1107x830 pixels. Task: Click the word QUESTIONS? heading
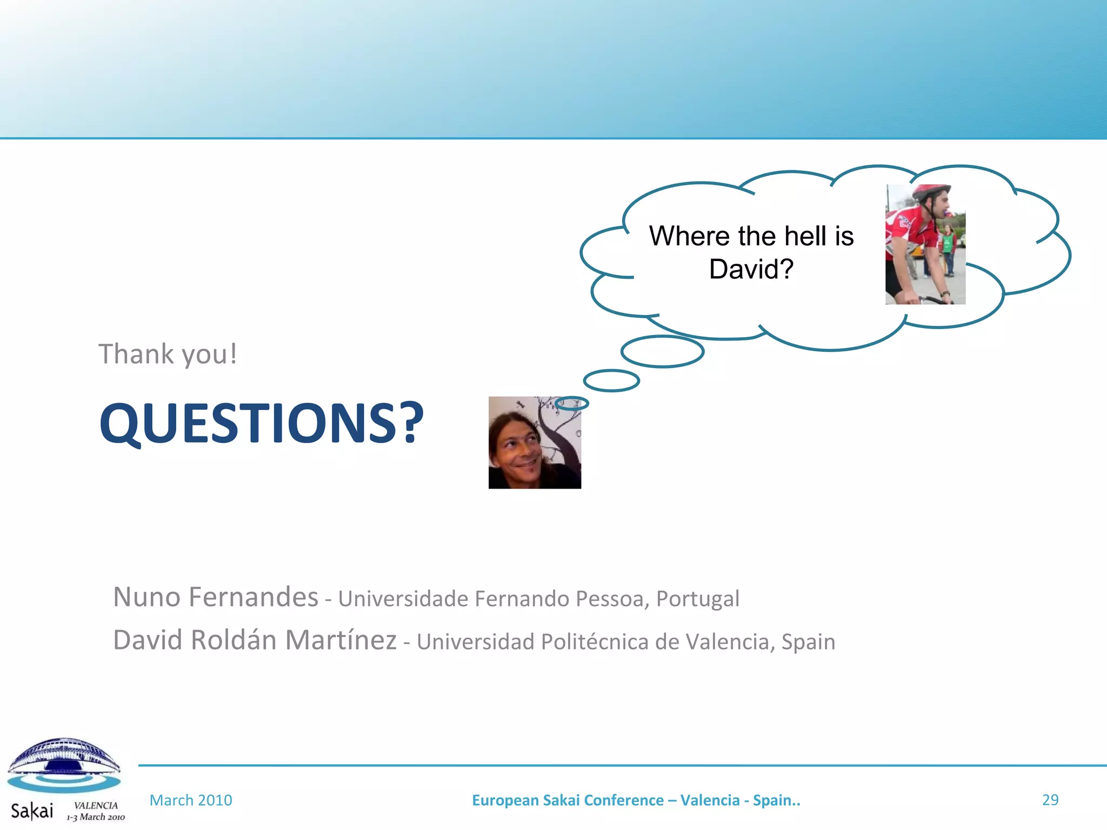pyautogui.click(x=262, y=423)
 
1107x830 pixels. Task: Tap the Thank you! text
pyautogui.click(x=168, y=354)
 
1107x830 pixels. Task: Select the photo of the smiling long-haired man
pyautogui.click(x=535, y=443)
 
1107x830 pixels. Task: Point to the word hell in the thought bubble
pyautogui.click(x=805, y=236)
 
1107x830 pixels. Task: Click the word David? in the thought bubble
pyautogui.click(x=751, y=269)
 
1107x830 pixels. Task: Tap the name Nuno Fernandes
pyautogui.click(x=216, y=597)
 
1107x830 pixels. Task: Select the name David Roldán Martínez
pyautogui.click(x=255, y=640)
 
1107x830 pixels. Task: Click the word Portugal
pyautogui.click(x=697, y=599)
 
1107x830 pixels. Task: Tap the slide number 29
pyautogui.click(x=1050, y=800)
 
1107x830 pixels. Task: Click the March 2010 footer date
pyautogui.click(x=191, y=800)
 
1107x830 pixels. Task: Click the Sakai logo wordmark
pyautogui.click(x=32, y=811)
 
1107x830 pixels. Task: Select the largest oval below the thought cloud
pyautogui.click(x=662, y=352)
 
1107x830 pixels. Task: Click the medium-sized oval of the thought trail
pyautogui.click(x=611, y=380)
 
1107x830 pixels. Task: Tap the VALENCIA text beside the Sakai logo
pyautogui.click(x=96, y=805)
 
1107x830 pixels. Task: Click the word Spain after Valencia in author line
pyautogui.click(x=808, y=642)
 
